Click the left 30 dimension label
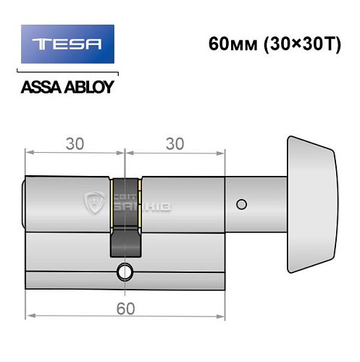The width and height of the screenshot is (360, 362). coord(74,143)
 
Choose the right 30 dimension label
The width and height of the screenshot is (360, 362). coord(175,143)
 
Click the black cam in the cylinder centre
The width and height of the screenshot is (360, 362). coord(125,217)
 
